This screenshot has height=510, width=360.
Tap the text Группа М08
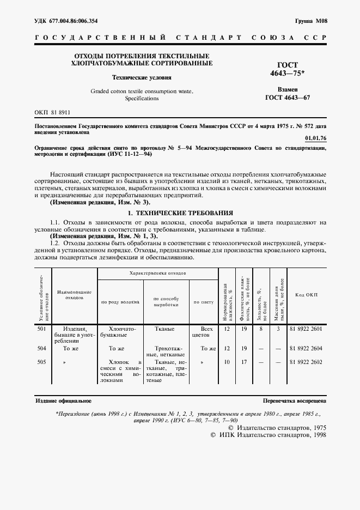pyautogui.click(x=311, y=21)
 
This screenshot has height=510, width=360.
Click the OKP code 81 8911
pyautogui.click(x=52, y=112)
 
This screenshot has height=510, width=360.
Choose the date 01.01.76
pyautogui.click(x=316, y=138)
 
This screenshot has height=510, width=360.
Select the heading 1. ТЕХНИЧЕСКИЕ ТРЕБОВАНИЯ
pyautogui.click(x=180, y=212)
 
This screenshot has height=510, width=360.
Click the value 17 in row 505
pyautogui.click(x=246, y=361)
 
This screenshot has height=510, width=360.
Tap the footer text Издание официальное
pyautogui.click(x=64, y=400)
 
